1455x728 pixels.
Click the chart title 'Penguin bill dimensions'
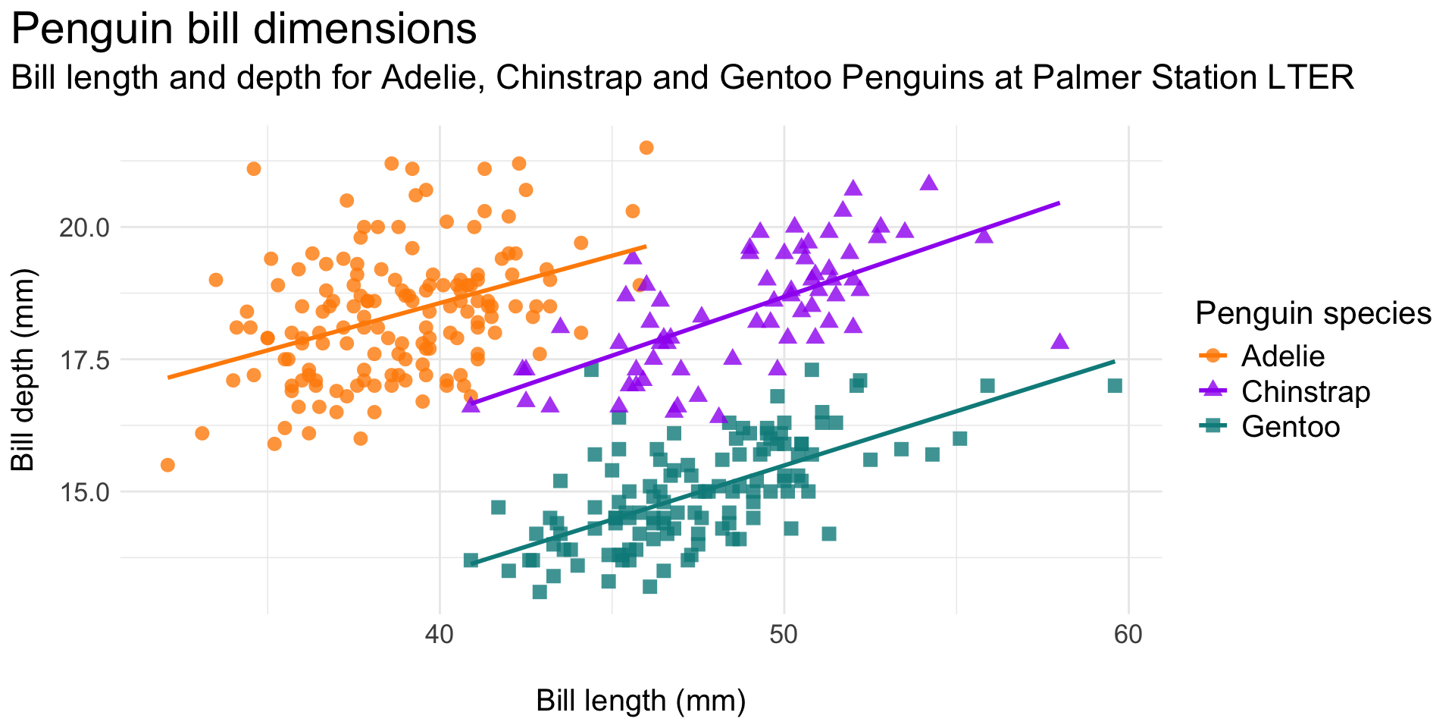(244, 30)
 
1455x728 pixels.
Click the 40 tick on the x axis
(440, 634)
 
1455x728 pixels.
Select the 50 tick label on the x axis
(784, 634)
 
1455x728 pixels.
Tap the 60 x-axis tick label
(1128, 634)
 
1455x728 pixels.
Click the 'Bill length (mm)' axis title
(640, 701)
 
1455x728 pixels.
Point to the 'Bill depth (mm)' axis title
(24, 370)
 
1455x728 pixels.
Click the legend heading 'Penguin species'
(1313, 313)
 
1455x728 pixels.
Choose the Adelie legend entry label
(1283, 356)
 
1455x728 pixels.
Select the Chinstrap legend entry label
(1306, 392)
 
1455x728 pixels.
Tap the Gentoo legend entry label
(1291, 427)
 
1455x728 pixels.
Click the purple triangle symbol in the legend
(1214, 391)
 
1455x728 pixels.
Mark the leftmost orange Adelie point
(167, 465)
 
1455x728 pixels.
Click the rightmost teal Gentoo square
(1115, 386)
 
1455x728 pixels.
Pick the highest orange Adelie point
(646, 148)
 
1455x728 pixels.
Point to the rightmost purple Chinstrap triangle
(1059, 341)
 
